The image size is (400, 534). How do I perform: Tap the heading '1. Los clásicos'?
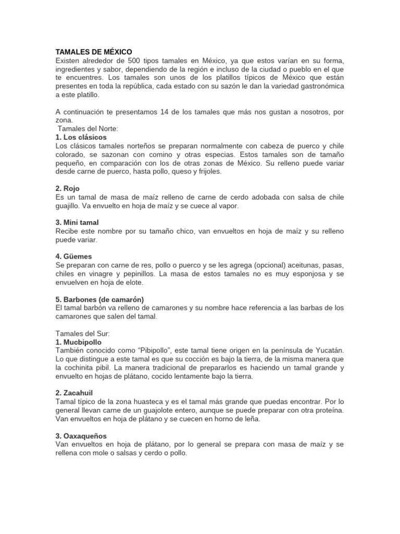pyautogui.click(x=81, y=137)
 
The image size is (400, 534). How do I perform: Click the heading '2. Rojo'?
pyautogui.click(x=67, y=188)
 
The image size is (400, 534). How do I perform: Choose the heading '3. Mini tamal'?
pyautogui.click(x=77, y=222)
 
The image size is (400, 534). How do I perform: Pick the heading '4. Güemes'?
pyautogui.click(x=73, y=257)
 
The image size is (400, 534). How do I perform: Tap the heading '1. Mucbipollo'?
pyautogui.click(x=78, y=342)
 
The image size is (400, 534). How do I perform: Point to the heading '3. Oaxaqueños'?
pyautogui.click(x=81, y=435)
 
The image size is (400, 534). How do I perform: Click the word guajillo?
pyautogui.click(x=70, y=205)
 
